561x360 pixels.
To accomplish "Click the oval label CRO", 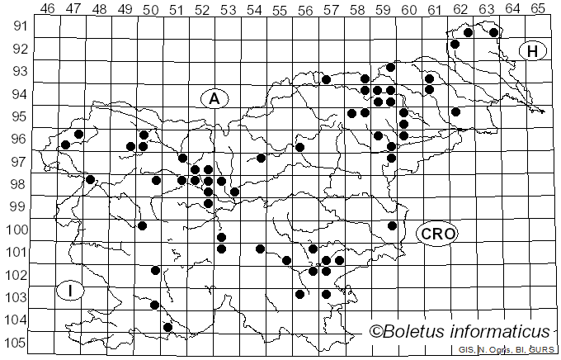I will pos(437,234).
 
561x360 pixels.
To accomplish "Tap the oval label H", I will pos(533,51).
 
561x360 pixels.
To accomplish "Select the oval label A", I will pos(214,98).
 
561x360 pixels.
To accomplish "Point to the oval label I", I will pos(71,291).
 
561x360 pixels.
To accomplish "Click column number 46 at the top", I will pos(48,9).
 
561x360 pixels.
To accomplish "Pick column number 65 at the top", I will pos(538,9).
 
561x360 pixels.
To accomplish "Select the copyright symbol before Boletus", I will pos(375,332).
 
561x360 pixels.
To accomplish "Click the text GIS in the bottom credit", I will pos(466,350).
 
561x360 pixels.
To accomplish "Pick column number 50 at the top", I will pos(151,9).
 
